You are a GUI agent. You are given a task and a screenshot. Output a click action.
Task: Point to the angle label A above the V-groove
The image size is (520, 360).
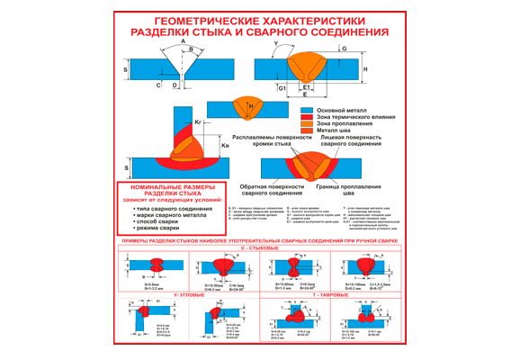pyautogui.click(x=183, y=41)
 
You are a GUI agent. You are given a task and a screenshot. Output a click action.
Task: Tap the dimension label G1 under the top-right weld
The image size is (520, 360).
pyautogui.click(x=282, y=89)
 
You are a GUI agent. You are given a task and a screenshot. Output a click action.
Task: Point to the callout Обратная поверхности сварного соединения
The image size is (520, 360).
pyautogui.click(x=267, y=191)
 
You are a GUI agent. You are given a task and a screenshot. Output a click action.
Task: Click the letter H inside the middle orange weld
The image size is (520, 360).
pyautogui.click(x=250, y=107)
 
